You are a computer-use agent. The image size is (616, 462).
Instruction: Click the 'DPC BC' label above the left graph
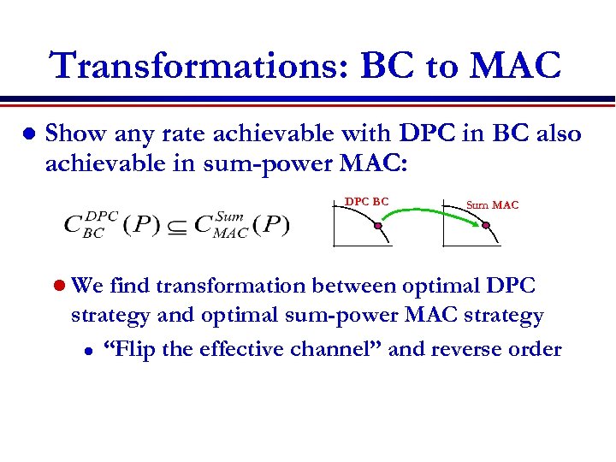coord(366,202)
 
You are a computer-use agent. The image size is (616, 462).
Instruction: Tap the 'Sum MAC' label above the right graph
coord(492,204)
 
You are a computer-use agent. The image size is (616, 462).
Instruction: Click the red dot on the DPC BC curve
coord(376,226)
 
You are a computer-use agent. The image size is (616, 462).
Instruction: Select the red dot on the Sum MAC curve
coord(486,226)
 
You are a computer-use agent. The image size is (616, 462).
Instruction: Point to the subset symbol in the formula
coord(175,226)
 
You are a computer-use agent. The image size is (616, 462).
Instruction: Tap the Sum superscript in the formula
coord(230,216)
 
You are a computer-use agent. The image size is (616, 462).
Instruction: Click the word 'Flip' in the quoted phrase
coord(133,349)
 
